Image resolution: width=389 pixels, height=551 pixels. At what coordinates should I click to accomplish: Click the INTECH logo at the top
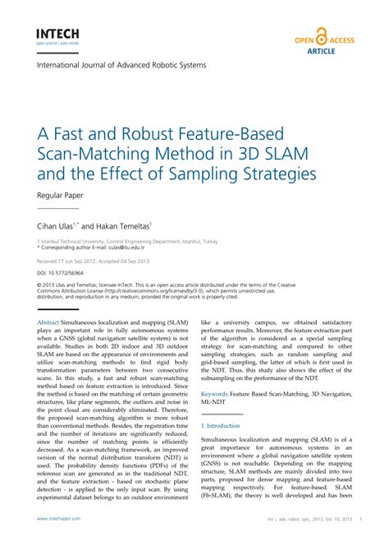tap(57, 34)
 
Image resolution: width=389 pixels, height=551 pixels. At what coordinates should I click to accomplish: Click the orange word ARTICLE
tap(327, 49)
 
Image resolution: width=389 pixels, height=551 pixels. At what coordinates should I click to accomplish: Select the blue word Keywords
tap(214, 395)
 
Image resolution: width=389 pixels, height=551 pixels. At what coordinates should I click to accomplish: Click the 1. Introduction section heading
tap(221, 426)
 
